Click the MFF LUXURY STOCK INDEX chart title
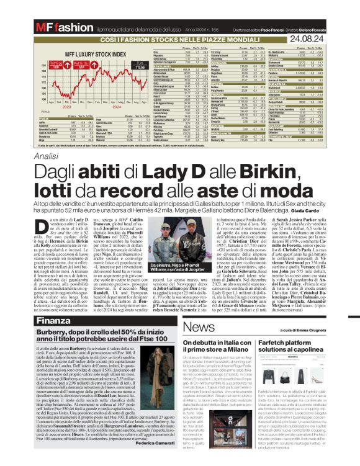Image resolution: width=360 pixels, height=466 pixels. point(97,55)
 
